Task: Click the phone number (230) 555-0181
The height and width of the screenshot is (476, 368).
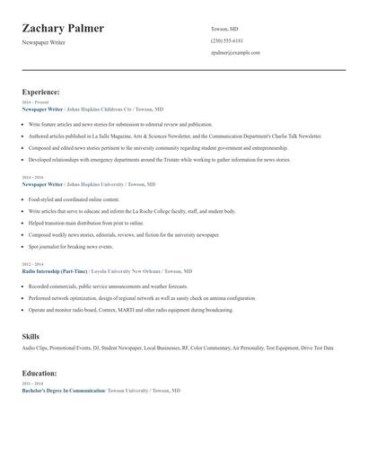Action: point(227,40)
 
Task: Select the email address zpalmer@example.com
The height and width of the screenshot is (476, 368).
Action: point(235,52)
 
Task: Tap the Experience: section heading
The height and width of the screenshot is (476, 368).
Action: point(40,92)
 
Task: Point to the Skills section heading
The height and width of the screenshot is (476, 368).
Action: point(31,336)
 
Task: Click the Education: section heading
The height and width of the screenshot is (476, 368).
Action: point(39,373)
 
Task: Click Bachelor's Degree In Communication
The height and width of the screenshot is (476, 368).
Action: point(63,391)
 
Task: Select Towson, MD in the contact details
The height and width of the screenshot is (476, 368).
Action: point(224,29)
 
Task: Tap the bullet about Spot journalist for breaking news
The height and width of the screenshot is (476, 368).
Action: point(71,245)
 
